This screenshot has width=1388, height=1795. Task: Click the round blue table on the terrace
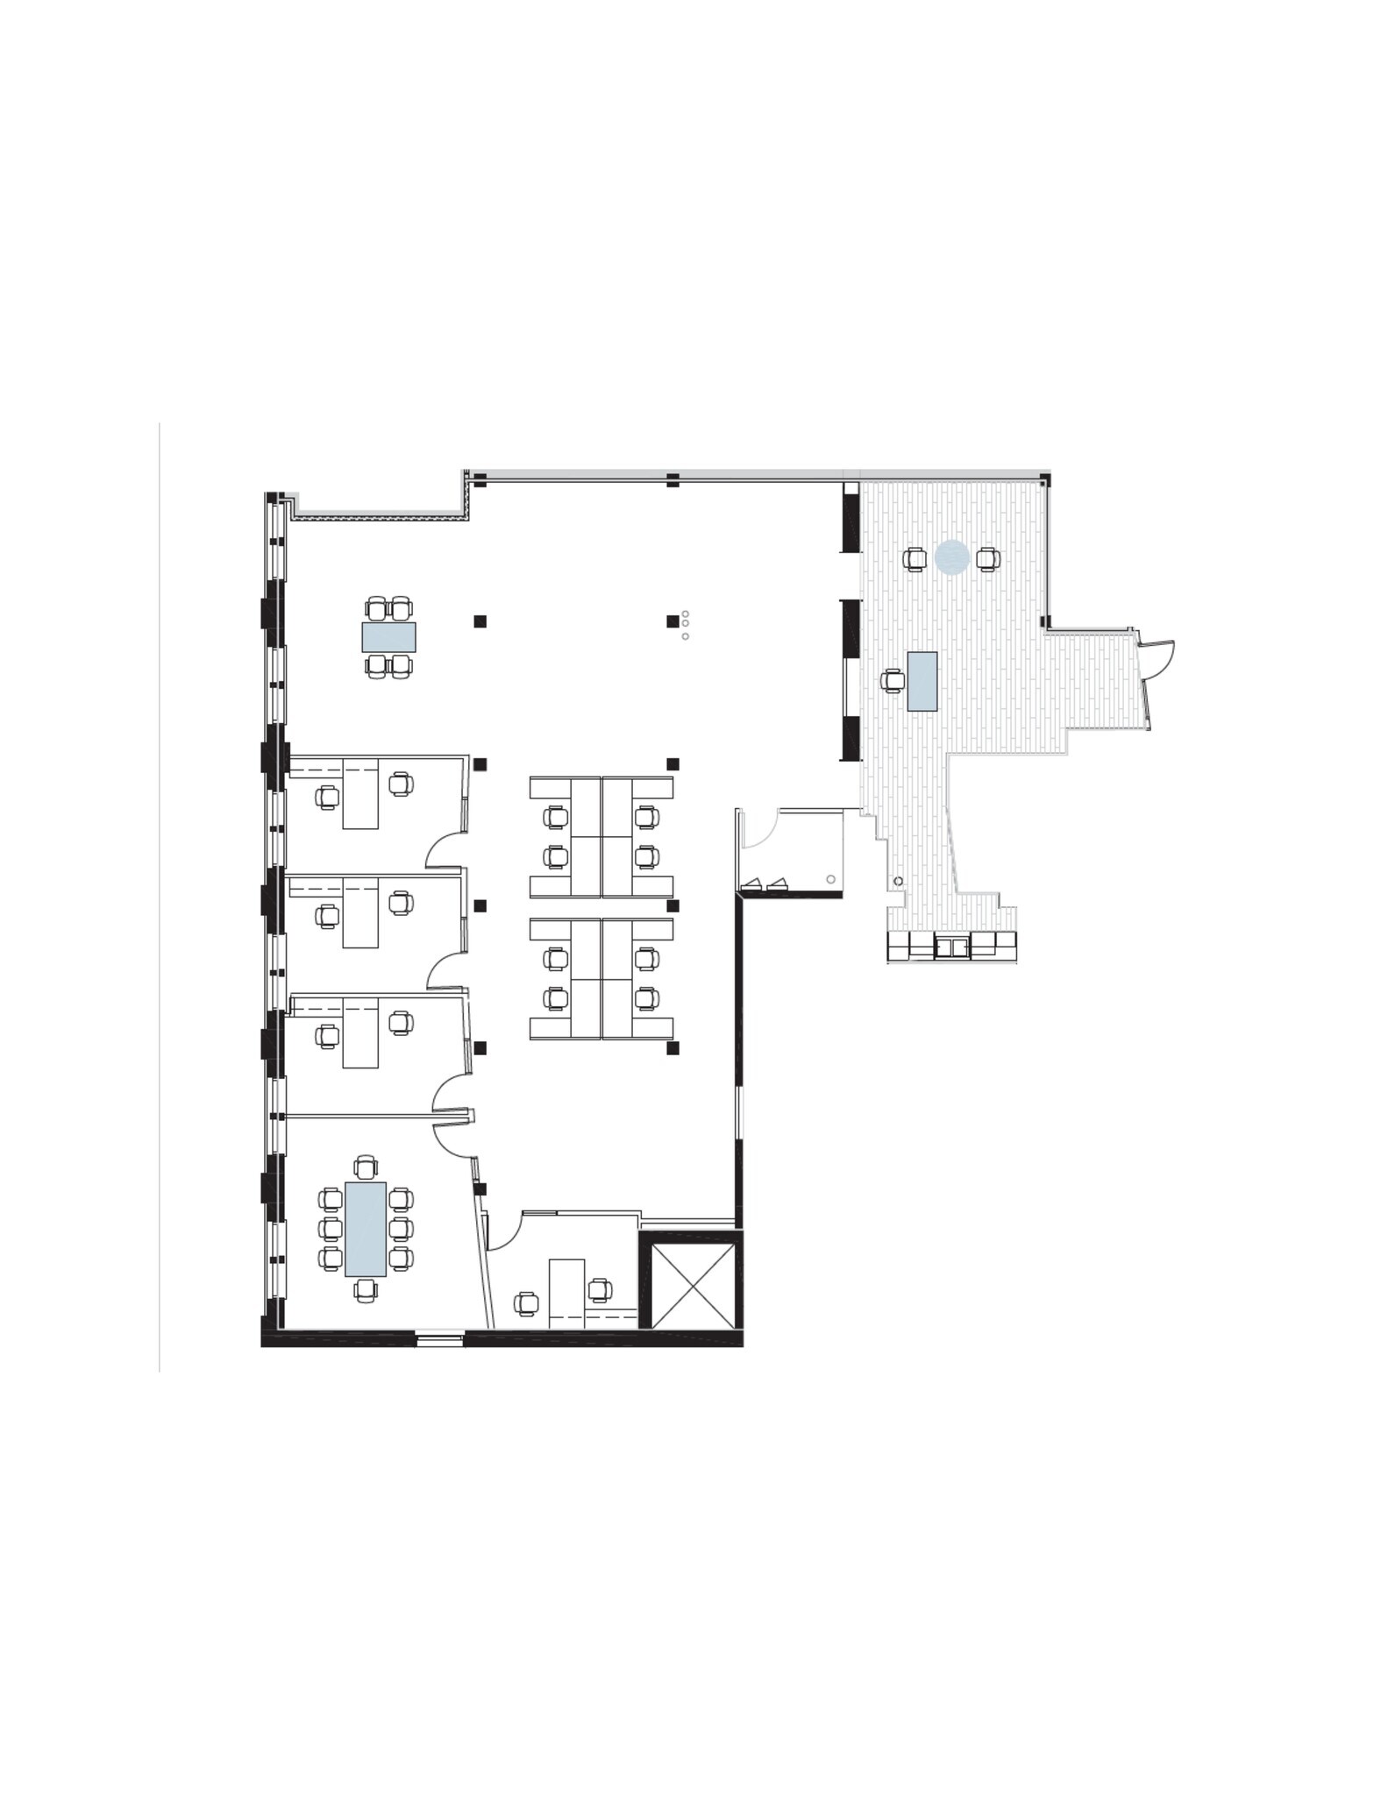pyautogui.click(x=951, y=557)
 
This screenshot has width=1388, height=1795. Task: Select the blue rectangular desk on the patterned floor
pyautogui.click(x=922, y=681)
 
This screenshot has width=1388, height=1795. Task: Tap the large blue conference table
pyautogui.click(x=366, y=1229)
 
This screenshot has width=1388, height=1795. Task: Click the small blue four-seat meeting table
pyautogui.click(x=388, y=637)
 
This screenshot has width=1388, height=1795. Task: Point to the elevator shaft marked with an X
pyautogui.click(x=693, y=1284)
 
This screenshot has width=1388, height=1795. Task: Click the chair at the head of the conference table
pyautogui.click(x=366, y=1167)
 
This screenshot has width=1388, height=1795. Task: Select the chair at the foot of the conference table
pyautogui.click(x=366, y=1289)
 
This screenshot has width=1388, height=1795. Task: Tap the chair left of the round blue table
pyautogui.click(x=915, y=558)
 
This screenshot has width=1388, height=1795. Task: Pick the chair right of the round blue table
pyautogui.click(x=988, y=558)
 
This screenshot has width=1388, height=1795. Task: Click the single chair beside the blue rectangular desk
pyautogui.click(x=893, y=680)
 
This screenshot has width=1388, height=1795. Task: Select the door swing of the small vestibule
pyautogui.click(x=759, y=830)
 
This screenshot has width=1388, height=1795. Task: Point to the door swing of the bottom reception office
pyautogui.click(x=505, y=1231)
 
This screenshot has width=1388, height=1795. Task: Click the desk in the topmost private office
pyautogui.click(x=360, y=794)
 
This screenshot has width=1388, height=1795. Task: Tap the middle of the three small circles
pyautogui.click(x=685, y=624)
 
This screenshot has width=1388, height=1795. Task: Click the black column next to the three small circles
pyautogui.click(x=673, y=621)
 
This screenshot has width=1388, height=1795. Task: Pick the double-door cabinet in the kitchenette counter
pyautogui.click(x=951, y=946)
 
